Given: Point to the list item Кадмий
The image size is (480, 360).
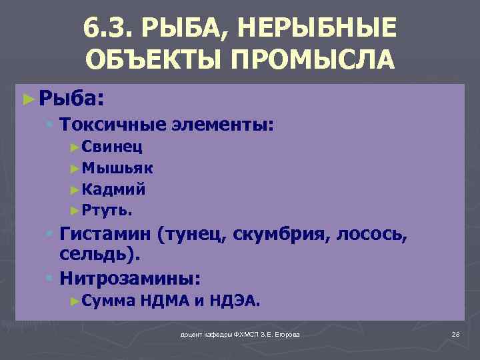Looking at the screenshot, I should click(x=115, y=189).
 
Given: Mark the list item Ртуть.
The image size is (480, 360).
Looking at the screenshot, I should click(x=108, y=211).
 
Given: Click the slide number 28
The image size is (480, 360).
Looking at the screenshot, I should click(x=456, y=333).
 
